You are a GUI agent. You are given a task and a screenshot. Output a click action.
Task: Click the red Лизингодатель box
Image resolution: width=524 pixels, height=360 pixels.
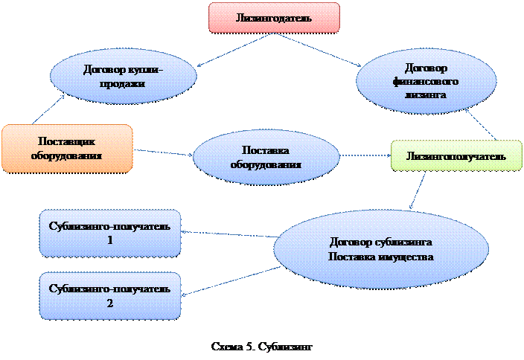tap(274, 17)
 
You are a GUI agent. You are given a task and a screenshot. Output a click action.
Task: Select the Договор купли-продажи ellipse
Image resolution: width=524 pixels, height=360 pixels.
tap(124, 76)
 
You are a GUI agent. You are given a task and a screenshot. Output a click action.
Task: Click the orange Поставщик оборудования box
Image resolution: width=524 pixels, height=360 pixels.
tap(67, 147)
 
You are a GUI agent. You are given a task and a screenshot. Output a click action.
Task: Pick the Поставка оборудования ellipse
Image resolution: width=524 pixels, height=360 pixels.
tap(265, 157)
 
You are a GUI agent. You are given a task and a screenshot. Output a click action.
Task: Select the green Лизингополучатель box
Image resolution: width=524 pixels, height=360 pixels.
tap(456, 156)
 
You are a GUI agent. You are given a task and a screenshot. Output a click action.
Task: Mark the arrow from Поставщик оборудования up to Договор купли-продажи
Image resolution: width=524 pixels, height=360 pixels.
tap(49, 109)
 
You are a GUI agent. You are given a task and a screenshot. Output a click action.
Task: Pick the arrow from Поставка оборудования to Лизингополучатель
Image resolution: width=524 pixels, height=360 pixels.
tap(365, 156)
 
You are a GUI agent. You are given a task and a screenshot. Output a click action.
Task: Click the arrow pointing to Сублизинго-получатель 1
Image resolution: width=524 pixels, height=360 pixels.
tap(228, 234)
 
